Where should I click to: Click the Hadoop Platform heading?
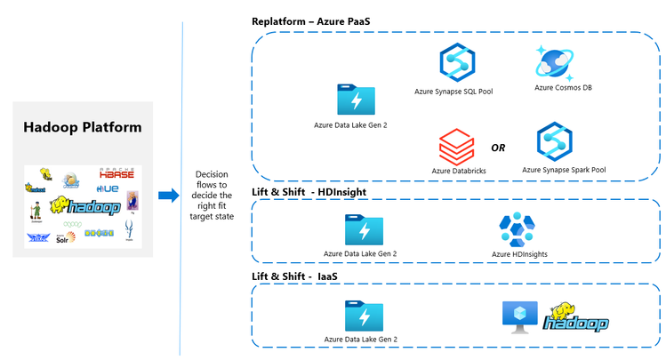[x=83, y=127]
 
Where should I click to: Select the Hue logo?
[x=108, y=188]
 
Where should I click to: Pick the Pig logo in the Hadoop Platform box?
[x=132, y=200]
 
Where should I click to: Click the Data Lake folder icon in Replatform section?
[x=356, y=100]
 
